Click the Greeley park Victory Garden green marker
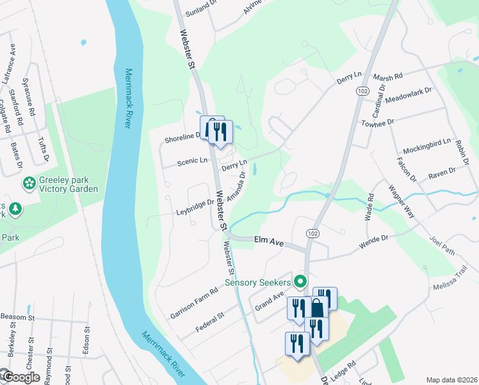[x=29, y=184]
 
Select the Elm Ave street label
[x=268, y=241]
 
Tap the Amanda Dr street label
[x=236, y=185]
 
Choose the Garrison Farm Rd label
[x=194, y=303]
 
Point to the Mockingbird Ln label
[x=427, y=144]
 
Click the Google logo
[x=21, y=377]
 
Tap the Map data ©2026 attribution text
[x=452, y=380]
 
